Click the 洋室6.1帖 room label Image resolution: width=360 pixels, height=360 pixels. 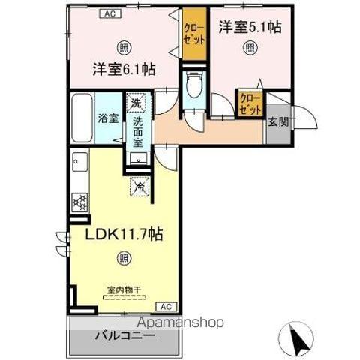(x=124, y=69)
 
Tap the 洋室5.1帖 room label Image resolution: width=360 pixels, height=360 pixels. (x=250, y=27)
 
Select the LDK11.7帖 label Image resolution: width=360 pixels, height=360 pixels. (x=124, y=234)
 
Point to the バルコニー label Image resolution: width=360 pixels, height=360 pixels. (x=124, y=337)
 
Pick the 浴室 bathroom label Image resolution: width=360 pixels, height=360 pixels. (x=108, y=118)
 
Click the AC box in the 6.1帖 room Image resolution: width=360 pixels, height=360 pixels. (x=109, y=13)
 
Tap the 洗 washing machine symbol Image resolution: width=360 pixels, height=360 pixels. (x=136, y=101)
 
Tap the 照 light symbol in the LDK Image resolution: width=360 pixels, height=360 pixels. (x=123, y=259)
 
